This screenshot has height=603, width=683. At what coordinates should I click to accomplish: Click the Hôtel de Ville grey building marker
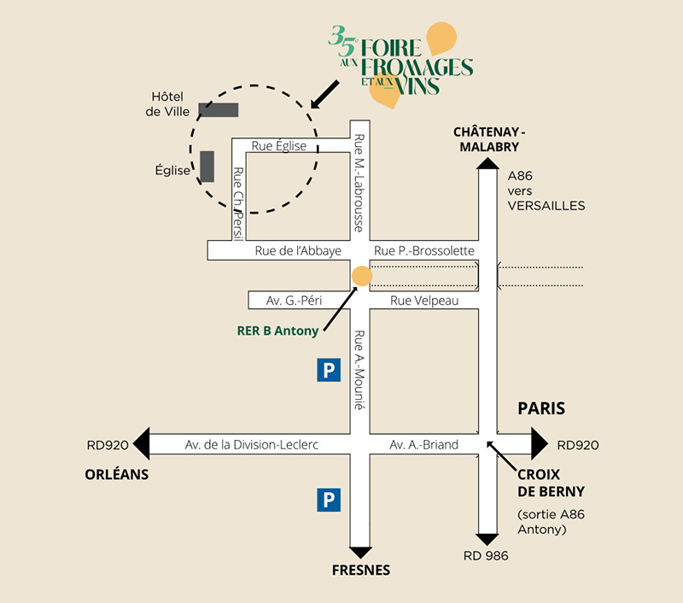tap(218, 109)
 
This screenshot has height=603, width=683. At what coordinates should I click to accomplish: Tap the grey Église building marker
tap(207, 166)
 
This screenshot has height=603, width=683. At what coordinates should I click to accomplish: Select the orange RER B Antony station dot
tap(362, 276)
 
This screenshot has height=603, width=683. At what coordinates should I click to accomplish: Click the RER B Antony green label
tap(277, 331)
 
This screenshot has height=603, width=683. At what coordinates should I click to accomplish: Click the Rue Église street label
tap(278, 146)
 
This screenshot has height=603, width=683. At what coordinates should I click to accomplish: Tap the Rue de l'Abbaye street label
tap(298, 250)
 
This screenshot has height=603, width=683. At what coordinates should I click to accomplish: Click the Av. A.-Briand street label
tap(423, 445)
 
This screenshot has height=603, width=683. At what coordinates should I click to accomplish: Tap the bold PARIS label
tap(541, 408)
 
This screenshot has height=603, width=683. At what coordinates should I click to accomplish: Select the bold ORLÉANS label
tap(117, 474)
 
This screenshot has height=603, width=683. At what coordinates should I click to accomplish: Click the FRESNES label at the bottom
tap(361, 570)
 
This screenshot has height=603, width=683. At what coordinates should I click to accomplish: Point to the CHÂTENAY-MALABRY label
tap(490, 138)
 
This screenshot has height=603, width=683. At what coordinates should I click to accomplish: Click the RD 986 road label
tap(486, 556)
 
